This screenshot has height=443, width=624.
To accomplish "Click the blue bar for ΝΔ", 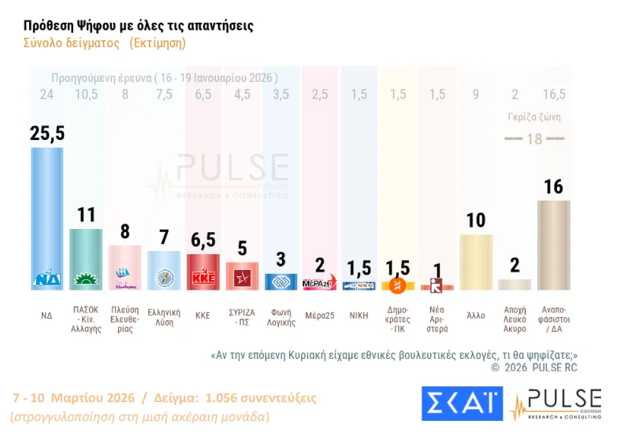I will tap(46, 212).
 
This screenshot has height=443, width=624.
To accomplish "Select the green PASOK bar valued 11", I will tap(86, 256).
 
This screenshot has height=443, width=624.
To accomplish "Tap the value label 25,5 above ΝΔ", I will tap(46, 133).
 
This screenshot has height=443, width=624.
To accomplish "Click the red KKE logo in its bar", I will tap(202, 279).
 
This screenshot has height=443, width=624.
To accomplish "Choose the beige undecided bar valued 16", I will tap(553, 245).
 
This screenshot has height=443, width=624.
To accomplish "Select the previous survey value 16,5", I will tap(553, 94).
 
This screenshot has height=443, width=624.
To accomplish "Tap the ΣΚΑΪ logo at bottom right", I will tap(462, 403).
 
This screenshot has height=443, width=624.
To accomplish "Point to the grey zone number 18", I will tap(534, 138).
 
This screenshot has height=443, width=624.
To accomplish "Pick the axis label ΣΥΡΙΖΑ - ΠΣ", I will tap(242, 315).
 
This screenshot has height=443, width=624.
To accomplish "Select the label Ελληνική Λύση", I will tap(164, 315).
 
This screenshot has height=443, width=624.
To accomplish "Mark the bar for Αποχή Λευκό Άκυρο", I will tap(514, 285).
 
